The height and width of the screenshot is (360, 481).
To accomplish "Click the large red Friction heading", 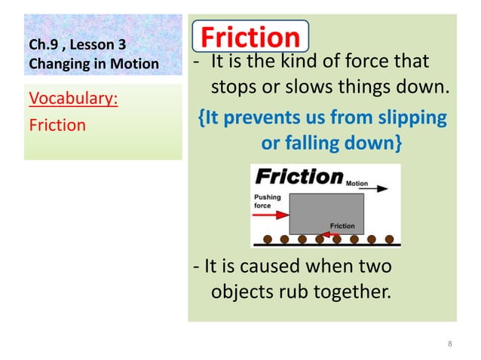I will click(x=250, y=38).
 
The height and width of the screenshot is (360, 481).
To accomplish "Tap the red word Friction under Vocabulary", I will click(x=57, y=124).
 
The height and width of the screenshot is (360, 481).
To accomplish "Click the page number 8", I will click(x=450, y=344).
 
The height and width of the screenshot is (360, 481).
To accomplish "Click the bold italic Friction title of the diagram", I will click(x=299, y=177).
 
